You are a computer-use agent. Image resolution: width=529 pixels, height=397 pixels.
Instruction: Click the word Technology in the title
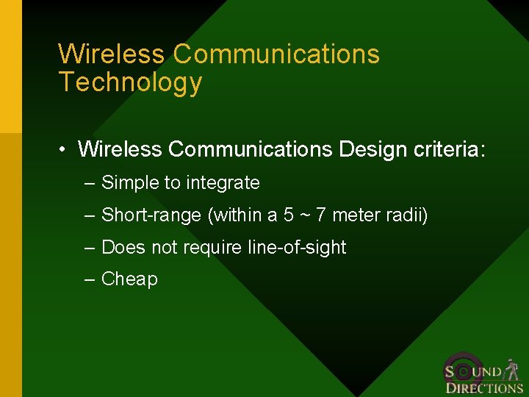[x=130, y=82]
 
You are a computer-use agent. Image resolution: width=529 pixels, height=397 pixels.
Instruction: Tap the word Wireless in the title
[x=112, y=54]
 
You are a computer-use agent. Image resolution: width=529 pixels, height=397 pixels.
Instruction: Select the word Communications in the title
[x=277, y=54]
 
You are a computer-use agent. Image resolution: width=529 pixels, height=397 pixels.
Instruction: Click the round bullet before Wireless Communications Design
[x=65, y=150]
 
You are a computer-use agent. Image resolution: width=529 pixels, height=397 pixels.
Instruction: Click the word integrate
[x=223, y=182]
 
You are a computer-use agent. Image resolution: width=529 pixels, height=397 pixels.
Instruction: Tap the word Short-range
[x=152, y=215]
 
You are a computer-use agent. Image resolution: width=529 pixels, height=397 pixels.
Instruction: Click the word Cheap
[x=129, y=279]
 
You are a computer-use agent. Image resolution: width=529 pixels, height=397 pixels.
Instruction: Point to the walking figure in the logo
[x=513, y=371]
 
